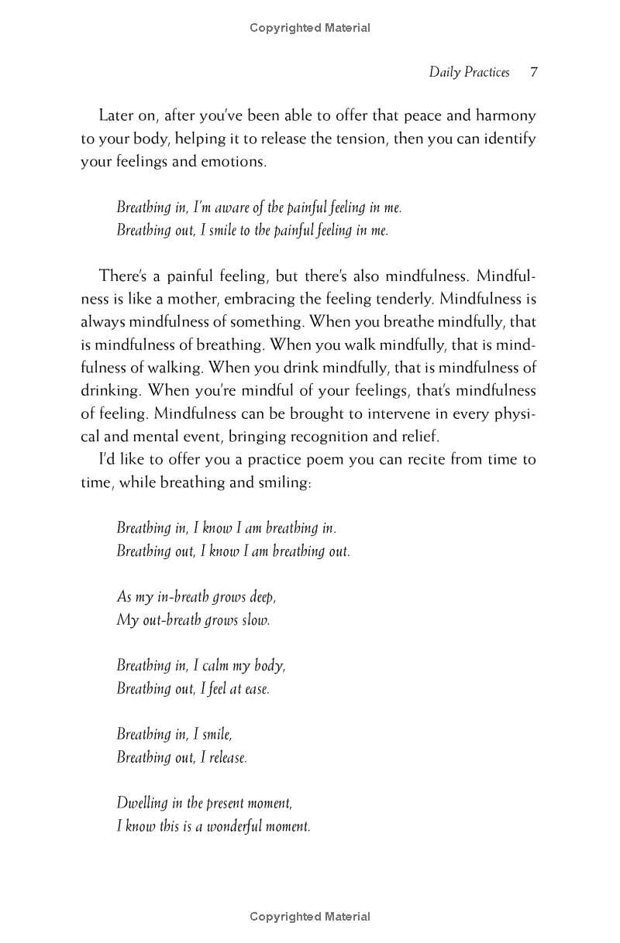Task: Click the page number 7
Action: [x=533, y=73]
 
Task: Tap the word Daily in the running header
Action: [x=444, y=73]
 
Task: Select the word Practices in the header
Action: [x=487, y=73]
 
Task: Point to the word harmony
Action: [x=505, y=116]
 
